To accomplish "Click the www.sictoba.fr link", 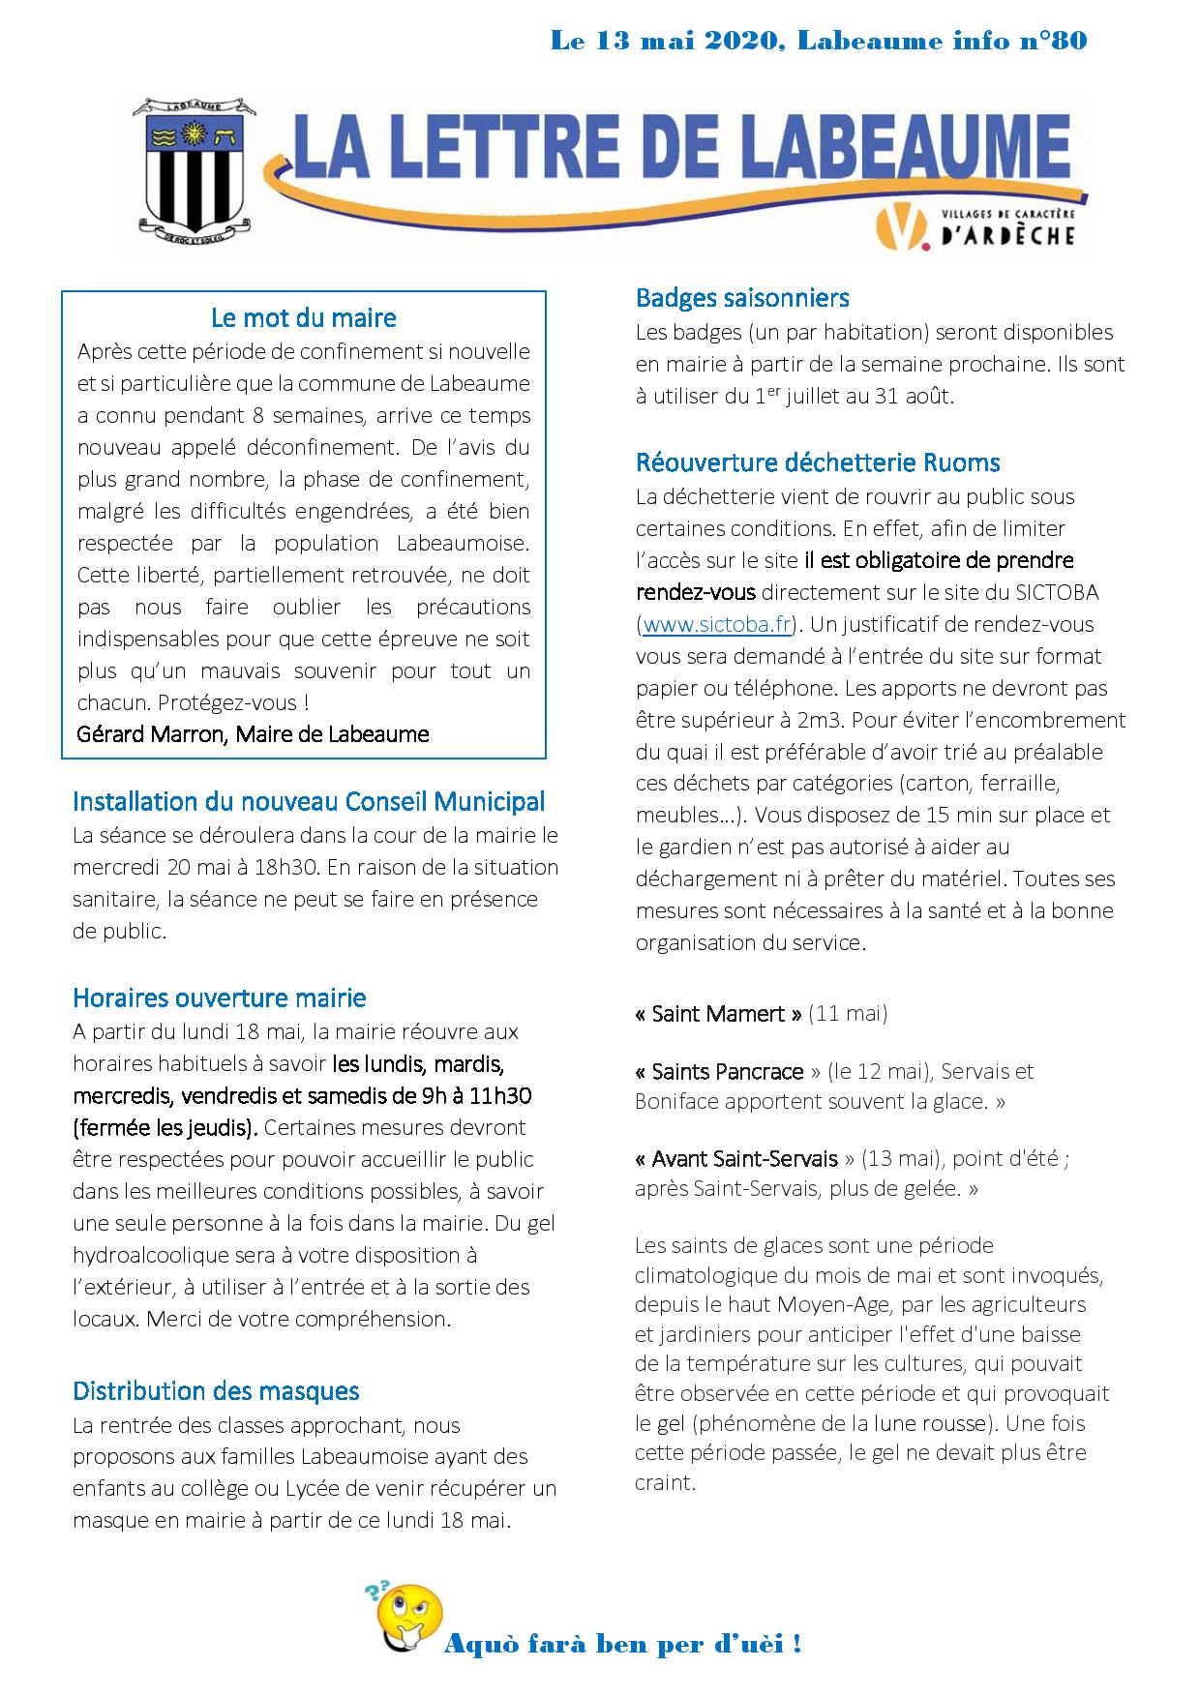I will (x=717, y=624).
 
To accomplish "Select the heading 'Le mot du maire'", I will (x=303, y=317).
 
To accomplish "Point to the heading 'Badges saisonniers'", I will (x=742, y=298).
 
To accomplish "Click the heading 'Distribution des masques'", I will (x=216, y=1391).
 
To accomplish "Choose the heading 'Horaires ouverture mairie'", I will (x=220, y=997).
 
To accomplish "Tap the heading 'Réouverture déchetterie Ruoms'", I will (x=818, y=462).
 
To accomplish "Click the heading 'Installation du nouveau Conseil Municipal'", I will (x=309, y=801).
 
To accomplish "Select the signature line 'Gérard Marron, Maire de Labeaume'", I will (x=253, y=733).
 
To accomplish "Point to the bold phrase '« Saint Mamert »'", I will (x=718, y=1014).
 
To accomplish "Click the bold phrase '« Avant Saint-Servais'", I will (x=736, y=1158).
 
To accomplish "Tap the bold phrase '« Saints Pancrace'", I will (x=720, y=1071).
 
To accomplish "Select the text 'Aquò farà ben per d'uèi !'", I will (x=621, y=1644).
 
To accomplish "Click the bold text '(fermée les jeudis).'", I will (x=165, y=1127).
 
